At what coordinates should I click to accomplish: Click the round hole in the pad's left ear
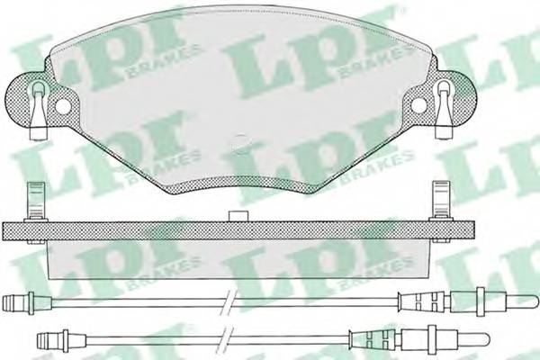62,106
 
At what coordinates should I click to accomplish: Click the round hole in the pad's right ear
420,106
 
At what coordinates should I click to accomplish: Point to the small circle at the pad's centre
240,142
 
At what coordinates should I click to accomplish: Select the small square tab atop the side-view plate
240,216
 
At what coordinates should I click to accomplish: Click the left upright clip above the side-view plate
35,200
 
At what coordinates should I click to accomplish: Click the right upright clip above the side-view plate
441,200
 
